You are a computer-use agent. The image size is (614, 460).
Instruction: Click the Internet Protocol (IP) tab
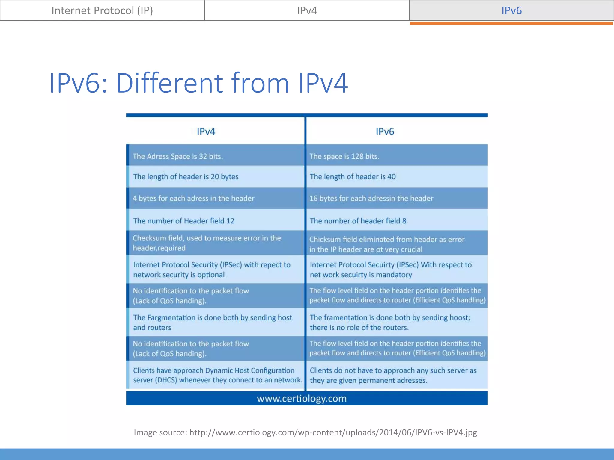pyautogui.click(x=102, y=10)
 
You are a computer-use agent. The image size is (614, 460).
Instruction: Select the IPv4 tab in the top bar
pyautogui.click(x=307, y=10)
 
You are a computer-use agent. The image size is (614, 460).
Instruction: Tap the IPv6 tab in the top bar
pyautogui.click(x=511, y=10)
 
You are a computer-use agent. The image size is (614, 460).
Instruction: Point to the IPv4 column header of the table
pyautogui.click(x=206, y=131)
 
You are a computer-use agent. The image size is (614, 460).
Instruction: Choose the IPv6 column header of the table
pyautogui.click(x=385, y=131)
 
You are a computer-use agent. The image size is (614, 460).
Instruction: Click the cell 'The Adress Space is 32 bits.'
pyautogui.click(x=178, y=156)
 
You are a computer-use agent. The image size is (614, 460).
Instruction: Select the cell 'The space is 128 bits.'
pyautogui.click(x=344, y=156)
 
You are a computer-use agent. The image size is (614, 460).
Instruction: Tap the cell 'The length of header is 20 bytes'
pyautogui.click(x=186, y=177)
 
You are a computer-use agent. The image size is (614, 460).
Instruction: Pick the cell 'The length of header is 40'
pyautogui.click(x=353, y=177)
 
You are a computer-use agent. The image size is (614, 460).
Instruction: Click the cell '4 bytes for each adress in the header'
pyautogui.click(x=194, y=198)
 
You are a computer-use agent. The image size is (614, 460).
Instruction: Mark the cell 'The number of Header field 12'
pyautogui.click(x=184, y=221)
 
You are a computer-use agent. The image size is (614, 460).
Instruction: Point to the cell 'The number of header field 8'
pyautogui.click(x=358, y=221)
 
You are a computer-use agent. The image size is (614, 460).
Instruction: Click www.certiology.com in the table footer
pyautogui.click(x=302, y=398)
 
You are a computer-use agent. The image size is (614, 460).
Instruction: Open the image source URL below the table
pyautogui.click(x=333, y=432)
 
